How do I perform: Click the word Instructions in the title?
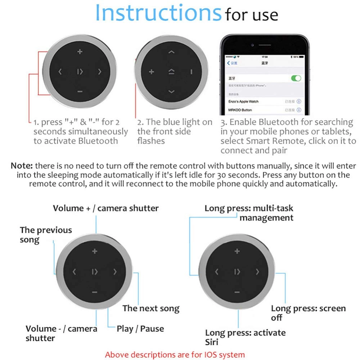tap(158, 13)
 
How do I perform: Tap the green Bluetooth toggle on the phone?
tap(296, 78)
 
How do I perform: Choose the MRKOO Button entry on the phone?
tap(240, 110)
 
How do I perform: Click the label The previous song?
tap(46, 235)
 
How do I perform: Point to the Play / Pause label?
tap(140, 329)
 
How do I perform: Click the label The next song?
tap(151, 308)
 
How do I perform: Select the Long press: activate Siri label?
tap(245, 337)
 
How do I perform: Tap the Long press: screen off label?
tap(308, 313)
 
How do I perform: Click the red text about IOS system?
tap(175, 354)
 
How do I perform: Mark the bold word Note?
tap(22, 166)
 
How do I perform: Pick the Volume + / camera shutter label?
tap(105, 208)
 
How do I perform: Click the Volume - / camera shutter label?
tap(61, 333)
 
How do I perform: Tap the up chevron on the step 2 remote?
tap(171, 52)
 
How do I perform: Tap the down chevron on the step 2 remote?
tap(171, 92)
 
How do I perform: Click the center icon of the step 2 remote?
tap(171, 72)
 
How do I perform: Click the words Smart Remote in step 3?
tap(264, 141)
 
